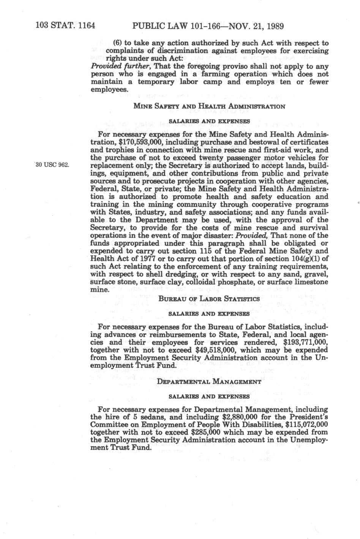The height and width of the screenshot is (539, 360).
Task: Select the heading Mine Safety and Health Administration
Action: pyautogui.click(x=209, y=107)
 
